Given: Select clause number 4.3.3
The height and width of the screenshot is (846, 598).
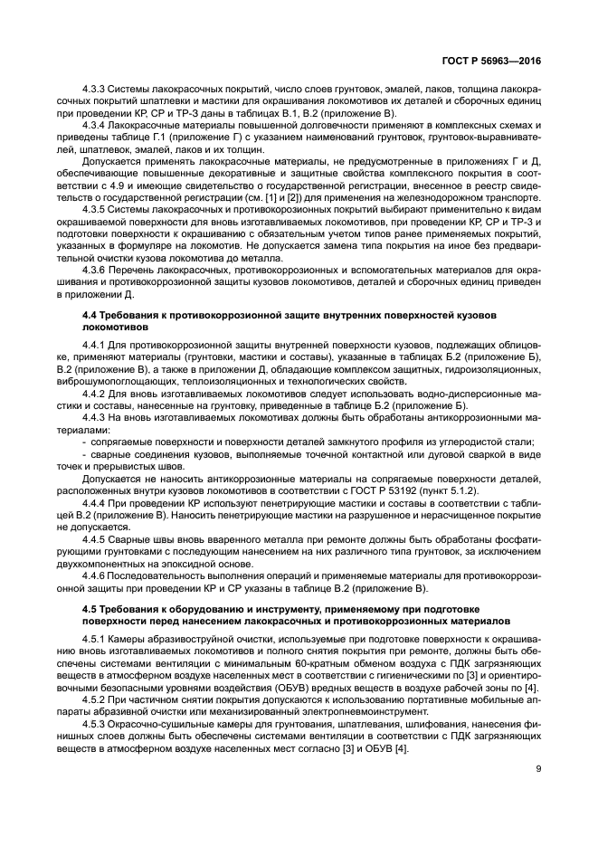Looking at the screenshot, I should point(94,90).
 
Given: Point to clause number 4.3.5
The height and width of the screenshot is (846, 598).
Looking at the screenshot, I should point(94,207).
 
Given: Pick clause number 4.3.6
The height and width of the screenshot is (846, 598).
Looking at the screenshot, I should point(94,270).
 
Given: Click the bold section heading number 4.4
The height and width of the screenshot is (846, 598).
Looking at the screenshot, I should point(90,312).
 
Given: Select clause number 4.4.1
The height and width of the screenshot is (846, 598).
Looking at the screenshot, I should point(94,346).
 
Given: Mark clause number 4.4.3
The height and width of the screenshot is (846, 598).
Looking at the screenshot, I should point(94,417).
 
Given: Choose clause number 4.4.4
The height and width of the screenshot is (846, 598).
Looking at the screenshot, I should point(94,501).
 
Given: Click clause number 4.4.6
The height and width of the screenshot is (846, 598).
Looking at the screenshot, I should point(94,574).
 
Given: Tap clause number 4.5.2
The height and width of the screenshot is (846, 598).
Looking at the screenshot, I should point(94,700).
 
